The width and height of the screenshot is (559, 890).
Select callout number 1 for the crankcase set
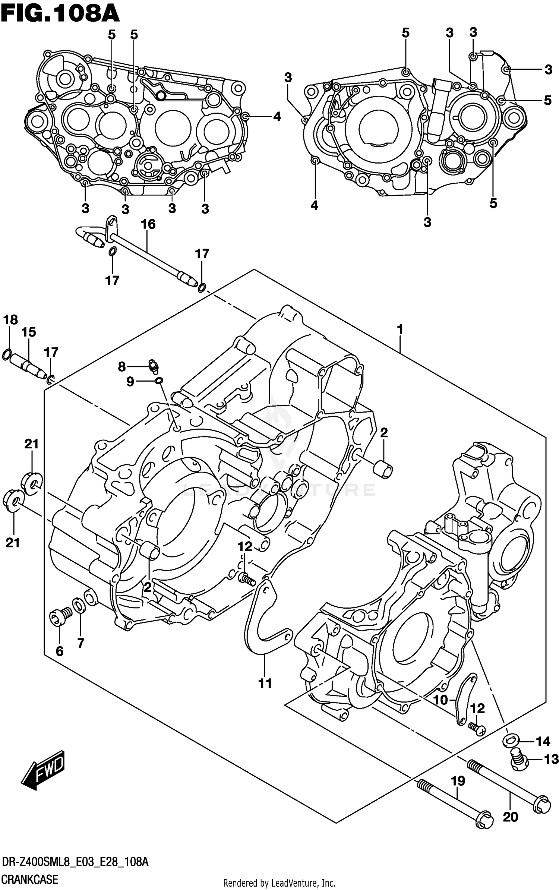[x=400, y=329]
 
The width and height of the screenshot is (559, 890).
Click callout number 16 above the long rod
[x=148, y=224]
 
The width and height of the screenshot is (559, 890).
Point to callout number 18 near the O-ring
[x=10, y=320]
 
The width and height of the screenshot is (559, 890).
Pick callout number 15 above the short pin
[x=29, y=332]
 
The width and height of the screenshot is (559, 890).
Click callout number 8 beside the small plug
[x=122, y=367]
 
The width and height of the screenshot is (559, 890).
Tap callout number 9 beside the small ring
[x=130, y=382]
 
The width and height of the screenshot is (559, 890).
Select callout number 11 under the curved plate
[x=265, y=683]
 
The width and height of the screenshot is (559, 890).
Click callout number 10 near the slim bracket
[x=440, y=700]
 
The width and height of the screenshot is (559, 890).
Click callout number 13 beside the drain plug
[x=551, y=759]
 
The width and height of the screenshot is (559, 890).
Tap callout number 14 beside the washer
[x=543, y=742]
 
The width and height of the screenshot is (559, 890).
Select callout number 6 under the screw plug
[x=59, y=651]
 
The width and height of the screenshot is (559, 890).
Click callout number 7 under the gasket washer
[x=81, y=643]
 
